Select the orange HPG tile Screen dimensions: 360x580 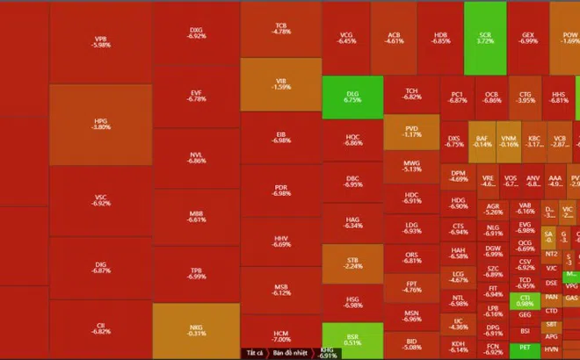coord(100,123)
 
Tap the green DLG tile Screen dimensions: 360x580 coord(352,97)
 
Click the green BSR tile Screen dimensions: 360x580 coord(352,339)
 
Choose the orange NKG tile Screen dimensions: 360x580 coord(196,329)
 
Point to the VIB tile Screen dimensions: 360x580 coord(280,83)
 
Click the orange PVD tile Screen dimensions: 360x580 coord(411,132)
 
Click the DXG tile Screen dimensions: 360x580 coord(196,32)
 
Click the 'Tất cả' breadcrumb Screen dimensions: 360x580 coord(254,353)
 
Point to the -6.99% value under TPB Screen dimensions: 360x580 coord(197,277)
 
